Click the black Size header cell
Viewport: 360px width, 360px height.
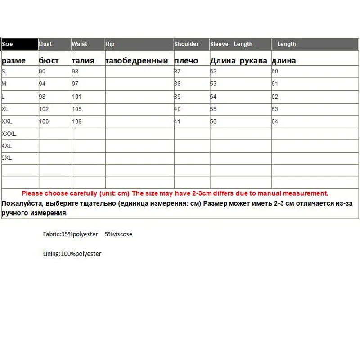pyautogui.click(x=20, y=44)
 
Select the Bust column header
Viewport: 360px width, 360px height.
pyautogui.click(x=45, y=44)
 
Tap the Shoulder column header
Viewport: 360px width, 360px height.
pyautogui.click(x=187, y=44)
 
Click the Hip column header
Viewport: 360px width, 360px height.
pyautogui.click(x=110, y=44)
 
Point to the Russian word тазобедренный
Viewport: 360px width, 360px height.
pyautogui.click(x=137, y=61)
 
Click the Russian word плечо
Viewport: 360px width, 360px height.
pyautogui.click(x=186, y=61)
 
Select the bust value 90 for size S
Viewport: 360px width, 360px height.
pyautogui.click(x=42, y=71)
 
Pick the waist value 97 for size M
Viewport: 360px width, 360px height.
pyautogui.click(x=76, y=84)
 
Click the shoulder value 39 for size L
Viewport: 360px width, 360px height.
pyautogui.click(x=177, y=97)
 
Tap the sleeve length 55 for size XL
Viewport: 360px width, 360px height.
pyautogui.click(x=213, y=109)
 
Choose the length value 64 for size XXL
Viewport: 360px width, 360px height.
pyautogui.click(x=275, y=122)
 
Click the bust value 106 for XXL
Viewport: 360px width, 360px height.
pyautogui.click(x=44, y=122)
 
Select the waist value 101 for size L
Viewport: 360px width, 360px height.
pyautogui.click(x=77, y=97)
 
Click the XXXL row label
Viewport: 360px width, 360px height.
pyautogui.click(x=9, y=134)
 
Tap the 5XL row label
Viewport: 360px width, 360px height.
pyautogui.click(x=7, y=158)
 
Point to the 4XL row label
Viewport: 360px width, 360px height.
pyautogui.click(x=7, y=146)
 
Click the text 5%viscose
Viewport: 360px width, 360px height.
pyautogui.click(x=118, y=234)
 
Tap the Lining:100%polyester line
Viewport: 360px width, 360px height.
pyautogui.click(x=72, y=254)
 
